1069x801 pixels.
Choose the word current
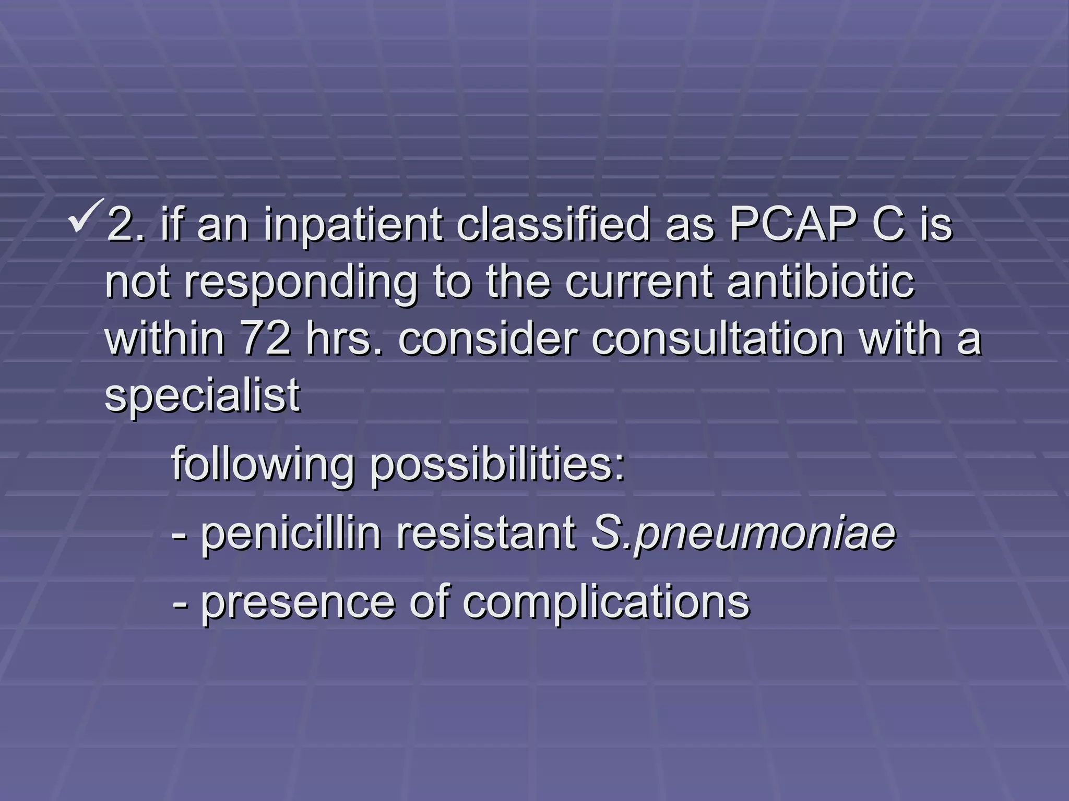[x=638, y=282]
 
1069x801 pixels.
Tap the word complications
[x=606, y=602]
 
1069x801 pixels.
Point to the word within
[x=165, y=339]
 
